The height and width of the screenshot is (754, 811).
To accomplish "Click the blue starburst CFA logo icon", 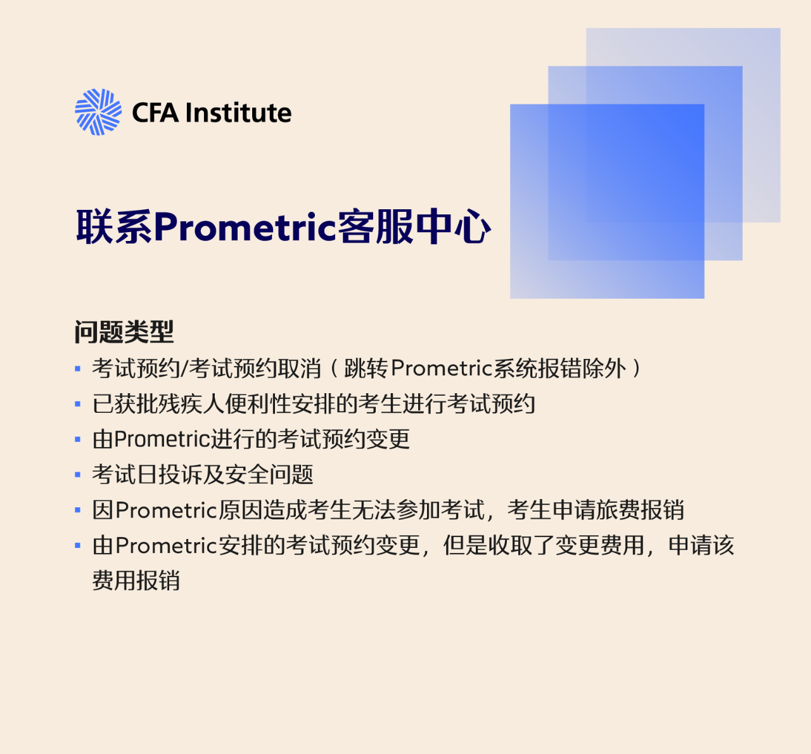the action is pyautogui.click(x=98, y=112).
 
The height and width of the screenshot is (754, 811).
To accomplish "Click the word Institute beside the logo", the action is pyautogui.click(x=238, y=112).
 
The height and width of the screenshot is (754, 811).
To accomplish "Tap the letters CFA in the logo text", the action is pyautogui.click(x=155, y=113).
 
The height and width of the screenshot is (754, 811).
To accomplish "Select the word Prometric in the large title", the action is pyautogui.click(x=245, y=228).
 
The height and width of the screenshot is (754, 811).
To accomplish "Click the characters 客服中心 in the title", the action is pyautogui.click(x=414, y=226).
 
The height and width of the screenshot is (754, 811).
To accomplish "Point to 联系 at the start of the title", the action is pyautogui.click(x=115, y=226).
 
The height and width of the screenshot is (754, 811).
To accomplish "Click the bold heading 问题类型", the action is pyautogui.click(x=124, y=332).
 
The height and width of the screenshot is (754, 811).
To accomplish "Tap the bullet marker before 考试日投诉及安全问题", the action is pyautogui.click(x=77, y=475).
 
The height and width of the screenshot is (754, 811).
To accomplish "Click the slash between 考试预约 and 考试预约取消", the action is pyautogui.click(x=184, y=368).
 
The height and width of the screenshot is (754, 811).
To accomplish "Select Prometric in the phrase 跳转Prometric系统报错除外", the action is pyautogui.click(x=442, y=368).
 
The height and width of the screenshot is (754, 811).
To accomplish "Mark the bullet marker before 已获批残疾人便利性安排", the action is pyautogui.click(x=77, y=405).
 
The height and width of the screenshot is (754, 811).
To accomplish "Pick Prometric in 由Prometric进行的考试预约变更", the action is pyautogui.click(x=162, y=439).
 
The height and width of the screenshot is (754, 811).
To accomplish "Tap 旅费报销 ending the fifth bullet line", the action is pyautogui.click(x=640, y=510).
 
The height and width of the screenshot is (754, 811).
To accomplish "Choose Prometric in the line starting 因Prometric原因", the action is pyautogui.click(x=166, y=510).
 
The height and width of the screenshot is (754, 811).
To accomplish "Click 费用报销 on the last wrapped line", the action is pyautogui.click(x=136, y=580).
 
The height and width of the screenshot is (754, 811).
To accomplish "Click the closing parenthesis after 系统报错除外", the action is pyautogui.click(x=636, y=368).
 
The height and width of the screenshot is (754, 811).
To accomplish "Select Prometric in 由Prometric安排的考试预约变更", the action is pyautogui.click(x=166, y=545).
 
